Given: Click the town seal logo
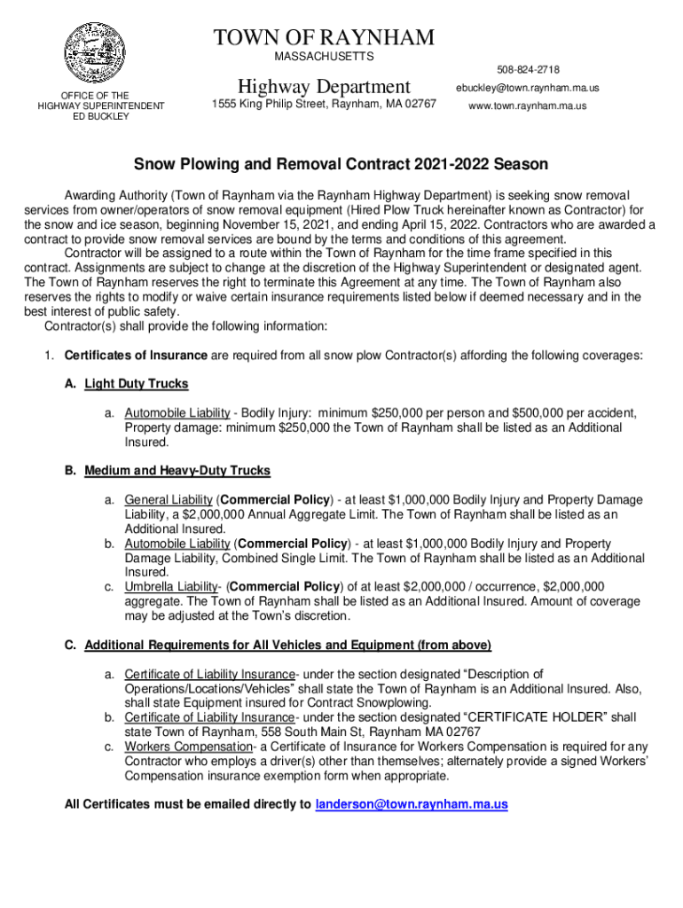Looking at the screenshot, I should click(100, 52).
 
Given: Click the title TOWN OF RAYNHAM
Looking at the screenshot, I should click(323, 37).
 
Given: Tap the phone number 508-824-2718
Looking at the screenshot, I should click(528, 70).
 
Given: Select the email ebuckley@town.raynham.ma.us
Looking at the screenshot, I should click(528, 88).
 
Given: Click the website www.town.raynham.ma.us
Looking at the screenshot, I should click(528, 106).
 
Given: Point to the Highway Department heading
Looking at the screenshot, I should click(324, 86).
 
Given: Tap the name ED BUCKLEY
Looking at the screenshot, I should click(100, 117).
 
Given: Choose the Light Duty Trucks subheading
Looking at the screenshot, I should click(136, 384).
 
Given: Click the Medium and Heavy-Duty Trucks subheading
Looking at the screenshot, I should click(177, 470).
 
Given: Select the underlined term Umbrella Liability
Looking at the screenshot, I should click(171, 586).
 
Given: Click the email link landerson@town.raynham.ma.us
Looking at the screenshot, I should click(412, 804).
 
